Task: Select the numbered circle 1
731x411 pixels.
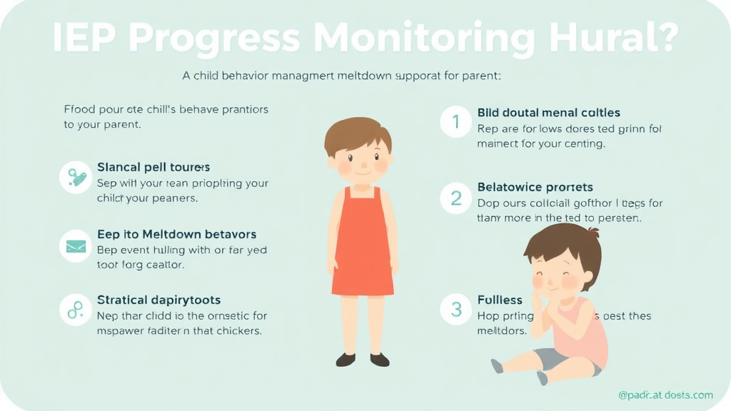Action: pyautogui.click(x=455, y=123)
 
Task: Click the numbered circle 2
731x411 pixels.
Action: pyautogui.click(x=455, y=198)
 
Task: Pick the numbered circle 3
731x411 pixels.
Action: pyautogui.click(x=455, y=309)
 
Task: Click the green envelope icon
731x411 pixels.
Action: pyautogui.click(x=75, y=246)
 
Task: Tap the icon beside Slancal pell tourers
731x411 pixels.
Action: pyautogui.click(x=75, y=175)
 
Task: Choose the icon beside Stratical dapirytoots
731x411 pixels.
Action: pyautogui.click(x=75, y=310)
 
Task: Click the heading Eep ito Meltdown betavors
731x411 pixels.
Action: pyautogui.click(x=176, y=234)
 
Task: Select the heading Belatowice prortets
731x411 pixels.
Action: pyautogui.click(x=535, y=187)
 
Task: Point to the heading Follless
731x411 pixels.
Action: pyautogui.click(x=500, y=300)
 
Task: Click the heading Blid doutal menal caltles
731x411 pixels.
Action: pyautogui.click(x=548, y=113)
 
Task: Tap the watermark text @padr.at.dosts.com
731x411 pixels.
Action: pyautogui.click(x=665, y=395)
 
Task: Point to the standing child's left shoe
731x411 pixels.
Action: pyautogui.click(x=346, y=360)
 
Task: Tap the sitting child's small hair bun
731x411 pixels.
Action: pyautogui.click(x=593, y=234)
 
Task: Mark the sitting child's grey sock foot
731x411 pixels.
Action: pyautogui.click(x=498, y=366)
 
